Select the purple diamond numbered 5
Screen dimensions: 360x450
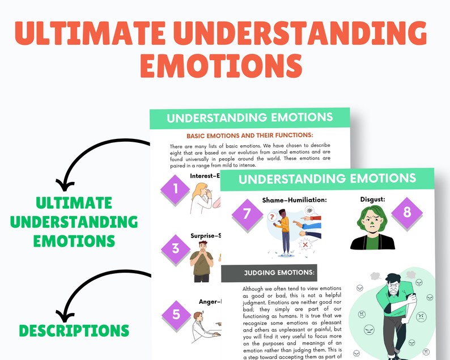coord(175,314)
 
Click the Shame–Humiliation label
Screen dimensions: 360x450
coord(294,200)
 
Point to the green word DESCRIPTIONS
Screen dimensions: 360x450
coord(74,330)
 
